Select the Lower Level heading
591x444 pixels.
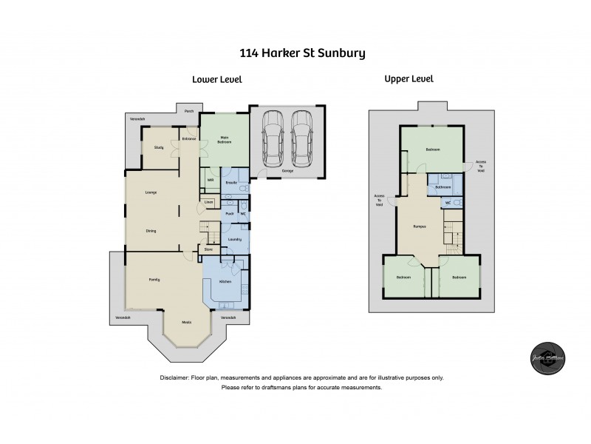tap(216, 79)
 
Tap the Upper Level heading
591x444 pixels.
tap(409, 78)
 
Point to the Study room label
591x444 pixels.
tap(159, 147)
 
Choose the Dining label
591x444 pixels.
tap(151, 231)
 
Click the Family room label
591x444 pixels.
tap(154, 279)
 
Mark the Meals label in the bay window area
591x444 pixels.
tap(187, 322)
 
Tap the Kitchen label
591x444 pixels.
tap(226, 283)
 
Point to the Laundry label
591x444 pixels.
tap(235, 238)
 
